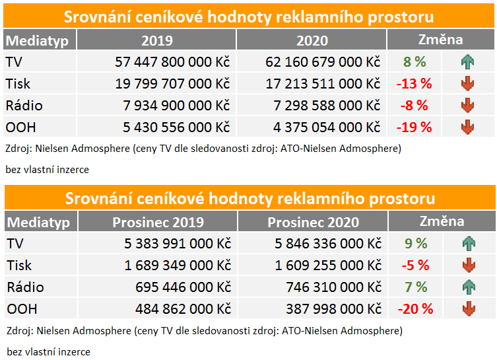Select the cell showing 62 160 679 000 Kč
coord(323,63)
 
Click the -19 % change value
coord(414,127)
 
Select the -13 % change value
coord(414,84)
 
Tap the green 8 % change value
coord(414,63)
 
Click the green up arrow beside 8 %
coord(468,63)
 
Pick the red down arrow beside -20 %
coord(468,308)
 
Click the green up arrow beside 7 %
coord(468,287)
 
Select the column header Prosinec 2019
coord(158,222)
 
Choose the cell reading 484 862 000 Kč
coord(178,308)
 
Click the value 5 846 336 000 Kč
coord(328,244)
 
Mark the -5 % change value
coord(415,266)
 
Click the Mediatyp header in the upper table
coord(38,40)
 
